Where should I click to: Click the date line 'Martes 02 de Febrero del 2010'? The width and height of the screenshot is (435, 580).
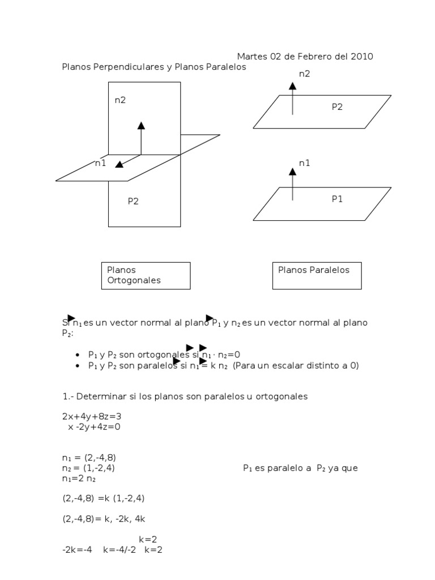305,57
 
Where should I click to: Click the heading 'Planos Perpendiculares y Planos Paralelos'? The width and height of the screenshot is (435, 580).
154,67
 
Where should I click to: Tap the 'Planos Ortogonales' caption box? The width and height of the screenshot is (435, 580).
146,275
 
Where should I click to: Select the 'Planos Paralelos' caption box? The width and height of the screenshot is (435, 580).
317,275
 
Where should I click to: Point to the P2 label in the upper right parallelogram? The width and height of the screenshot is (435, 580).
337,106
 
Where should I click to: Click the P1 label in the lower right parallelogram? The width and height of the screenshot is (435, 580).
337,199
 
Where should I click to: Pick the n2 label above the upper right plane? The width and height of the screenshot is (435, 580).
305,74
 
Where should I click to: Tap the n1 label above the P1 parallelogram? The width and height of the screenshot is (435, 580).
305,163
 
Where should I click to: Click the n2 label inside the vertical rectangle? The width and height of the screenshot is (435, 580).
120,100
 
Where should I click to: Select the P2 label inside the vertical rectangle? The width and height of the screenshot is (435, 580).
133,201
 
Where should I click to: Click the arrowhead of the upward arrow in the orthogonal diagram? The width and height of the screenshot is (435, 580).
141,125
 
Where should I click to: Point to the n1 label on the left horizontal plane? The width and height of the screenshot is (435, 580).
101,164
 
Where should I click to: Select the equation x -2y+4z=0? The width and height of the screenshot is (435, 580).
94,427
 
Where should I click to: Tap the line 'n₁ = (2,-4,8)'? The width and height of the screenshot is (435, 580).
89,458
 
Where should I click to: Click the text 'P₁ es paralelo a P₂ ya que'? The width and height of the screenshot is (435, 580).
300,468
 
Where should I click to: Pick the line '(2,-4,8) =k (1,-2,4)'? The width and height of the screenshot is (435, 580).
107,498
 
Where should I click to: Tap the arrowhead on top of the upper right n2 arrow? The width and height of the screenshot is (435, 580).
292,86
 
